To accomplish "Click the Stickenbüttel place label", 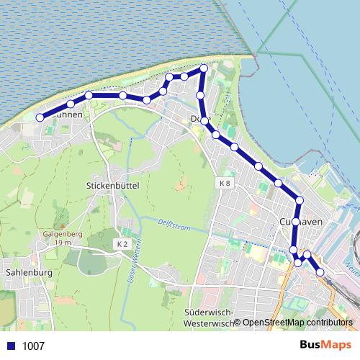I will (x=112, y=185).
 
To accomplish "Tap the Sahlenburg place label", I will (x=27, y=273).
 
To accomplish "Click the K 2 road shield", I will (x=122, y=245).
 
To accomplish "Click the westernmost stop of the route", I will (x=40, y=117).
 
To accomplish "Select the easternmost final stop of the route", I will (x=320, y=271).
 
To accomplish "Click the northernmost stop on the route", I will (x=203, y=68).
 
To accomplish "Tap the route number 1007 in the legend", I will (x=34, y=346).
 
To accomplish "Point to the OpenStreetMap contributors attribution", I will (x=297, y=323).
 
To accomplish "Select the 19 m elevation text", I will (x=63, y=243).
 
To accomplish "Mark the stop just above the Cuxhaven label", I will (x=300, y=200).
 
